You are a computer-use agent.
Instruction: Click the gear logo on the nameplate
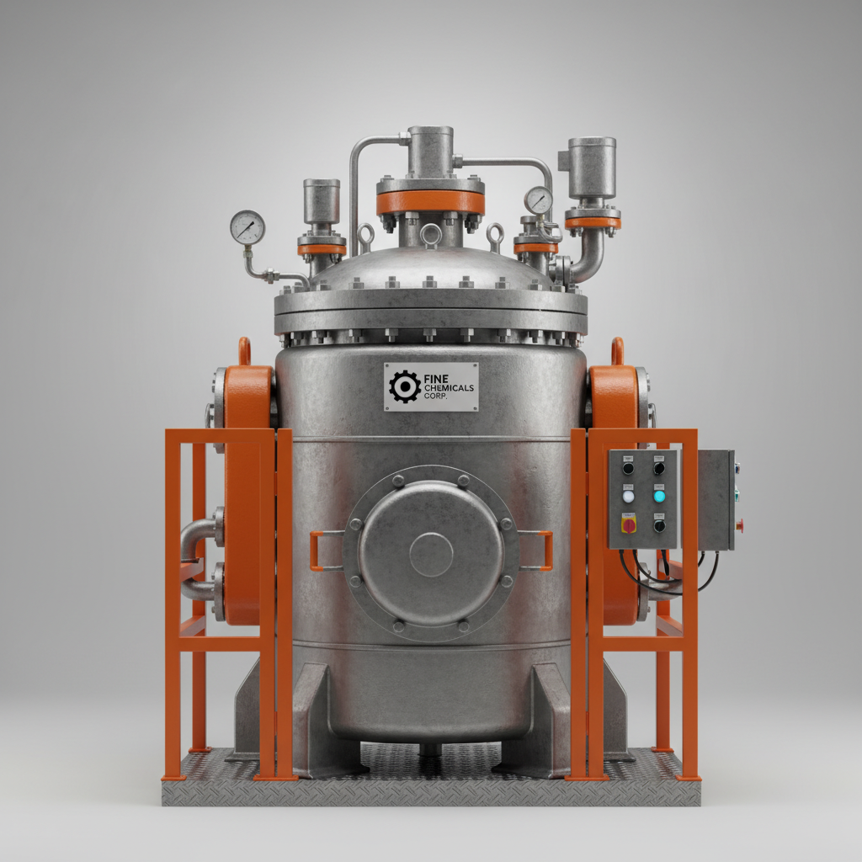click(405, 386)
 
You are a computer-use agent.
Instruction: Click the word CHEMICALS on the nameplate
click(449, 388)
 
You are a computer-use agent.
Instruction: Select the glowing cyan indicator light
click(659, 496)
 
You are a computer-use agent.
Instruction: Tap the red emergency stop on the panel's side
click(740, 526)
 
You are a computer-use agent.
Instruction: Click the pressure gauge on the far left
click(247, 227)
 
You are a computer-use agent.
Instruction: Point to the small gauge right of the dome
click(538, 200)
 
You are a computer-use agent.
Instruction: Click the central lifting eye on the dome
click(430, 233)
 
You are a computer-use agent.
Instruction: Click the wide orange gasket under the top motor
click(430, 202)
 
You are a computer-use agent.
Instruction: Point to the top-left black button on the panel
click(628, 467)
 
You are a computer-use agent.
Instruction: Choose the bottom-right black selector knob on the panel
click(659, 525)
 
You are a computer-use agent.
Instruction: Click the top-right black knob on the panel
click(659, 467)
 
